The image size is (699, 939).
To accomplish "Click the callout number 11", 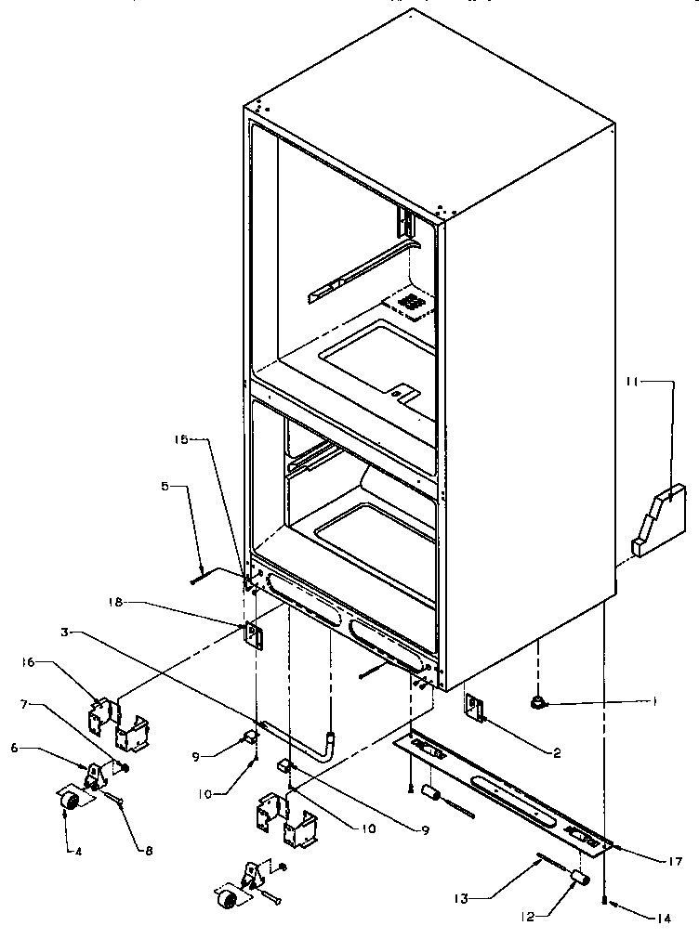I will [x=632, y=381].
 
